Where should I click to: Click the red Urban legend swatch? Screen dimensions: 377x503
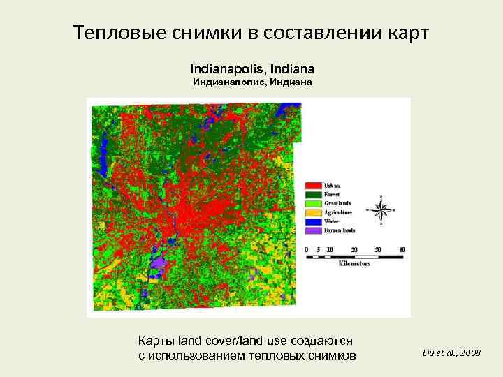[313, 184]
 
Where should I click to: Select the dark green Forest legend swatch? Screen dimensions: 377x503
[313, 193]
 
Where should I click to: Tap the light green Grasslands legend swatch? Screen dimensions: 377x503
[313, 202]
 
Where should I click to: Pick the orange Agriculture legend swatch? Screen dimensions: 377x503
[313, 212]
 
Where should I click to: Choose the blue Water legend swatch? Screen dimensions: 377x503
[313, 221]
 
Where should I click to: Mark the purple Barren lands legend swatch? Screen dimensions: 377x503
[313, 230]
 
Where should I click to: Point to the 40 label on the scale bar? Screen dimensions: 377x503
[401, 249]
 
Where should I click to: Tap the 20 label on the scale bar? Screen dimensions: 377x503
[353, 249]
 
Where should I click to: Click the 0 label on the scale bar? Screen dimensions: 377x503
[307, 249]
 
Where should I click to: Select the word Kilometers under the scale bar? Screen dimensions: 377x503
[354, 264]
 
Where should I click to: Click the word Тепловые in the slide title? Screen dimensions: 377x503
[114, 33]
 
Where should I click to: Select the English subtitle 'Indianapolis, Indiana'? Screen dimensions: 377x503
[251, 69]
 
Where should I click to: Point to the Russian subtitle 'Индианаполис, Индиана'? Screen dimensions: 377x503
[251, 82]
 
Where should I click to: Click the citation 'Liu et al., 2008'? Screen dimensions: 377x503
[451, 353]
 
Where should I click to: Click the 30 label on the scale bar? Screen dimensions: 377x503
[377, 249]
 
